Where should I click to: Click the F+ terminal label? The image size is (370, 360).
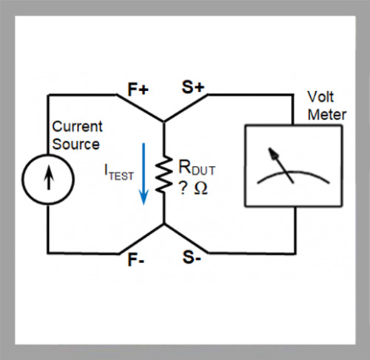(x=138, y=89)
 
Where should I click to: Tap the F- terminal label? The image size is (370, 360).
(x=136, y=260)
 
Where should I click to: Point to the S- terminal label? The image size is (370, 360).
(x=192, y=257)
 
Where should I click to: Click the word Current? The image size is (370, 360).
(x=77, y=127)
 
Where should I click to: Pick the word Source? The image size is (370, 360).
(x=76, y=144)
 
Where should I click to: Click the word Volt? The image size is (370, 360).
(x=320, y=96)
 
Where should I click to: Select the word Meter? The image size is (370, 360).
(x=327, y=115)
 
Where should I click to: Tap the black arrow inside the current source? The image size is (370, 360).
(x=49, y=178)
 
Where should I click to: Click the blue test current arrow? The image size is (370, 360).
(x=144, y=174)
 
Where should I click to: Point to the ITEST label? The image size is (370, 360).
(x=119, y=173)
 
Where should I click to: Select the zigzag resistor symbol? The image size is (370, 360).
(x=163, y=174)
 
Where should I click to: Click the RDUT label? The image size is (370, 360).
(x=197, y=168)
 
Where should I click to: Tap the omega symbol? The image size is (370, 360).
(x=201, y=189)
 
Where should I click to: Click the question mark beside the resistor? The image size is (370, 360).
(x=183, y=189)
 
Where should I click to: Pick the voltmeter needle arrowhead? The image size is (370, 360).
(x=273, y=153)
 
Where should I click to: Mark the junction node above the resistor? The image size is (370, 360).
(x=164, y=121)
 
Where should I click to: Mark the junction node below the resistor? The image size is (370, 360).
(x=164, y=224)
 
